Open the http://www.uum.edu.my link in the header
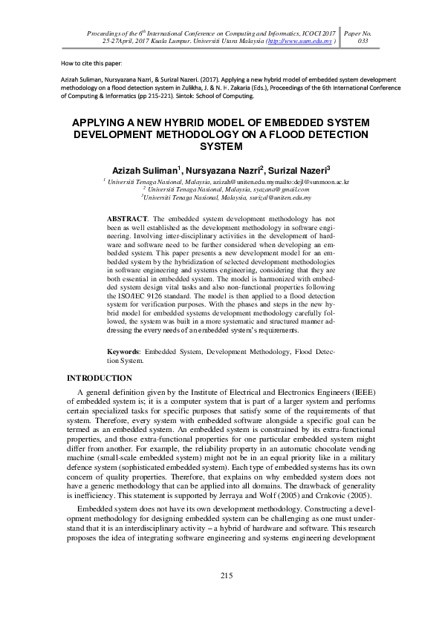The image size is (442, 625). click(299, 42)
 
